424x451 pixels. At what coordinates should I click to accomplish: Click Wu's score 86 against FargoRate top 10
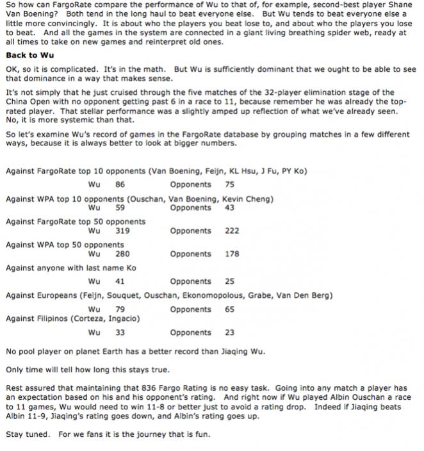point(120,184)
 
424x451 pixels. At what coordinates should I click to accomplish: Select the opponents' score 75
point(230,184)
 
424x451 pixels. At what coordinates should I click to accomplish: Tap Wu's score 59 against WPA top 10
point(120,208)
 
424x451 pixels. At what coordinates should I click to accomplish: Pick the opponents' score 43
point(230,208)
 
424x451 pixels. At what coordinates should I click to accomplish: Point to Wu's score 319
point(122,231)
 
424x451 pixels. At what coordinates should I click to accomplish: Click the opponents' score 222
point(232,231)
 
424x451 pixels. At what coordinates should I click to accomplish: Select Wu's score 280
point(122,254)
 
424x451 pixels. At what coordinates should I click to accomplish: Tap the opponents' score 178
point(232,254)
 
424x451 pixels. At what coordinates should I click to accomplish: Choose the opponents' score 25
point(230,281)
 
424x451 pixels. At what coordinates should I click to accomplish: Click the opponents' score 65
point(230,309)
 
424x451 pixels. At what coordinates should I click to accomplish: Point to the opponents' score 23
point(230,332)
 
